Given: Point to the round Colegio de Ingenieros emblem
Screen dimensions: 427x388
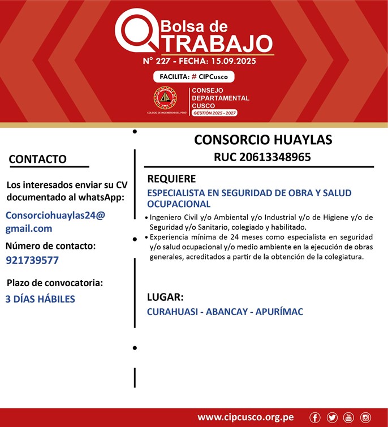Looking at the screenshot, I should coord(166,98).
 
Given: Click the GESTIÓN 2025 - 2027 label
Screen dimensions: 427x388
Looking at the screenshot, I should coord(214,113).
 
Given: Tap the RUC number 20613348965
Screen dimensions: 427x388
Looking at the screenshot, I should coord(262,157).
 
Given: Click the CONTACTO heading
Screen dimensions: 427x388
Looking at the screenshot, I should coord(38,159).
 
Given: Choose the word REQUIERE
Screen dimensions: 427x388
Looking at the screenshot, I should coord(171,179).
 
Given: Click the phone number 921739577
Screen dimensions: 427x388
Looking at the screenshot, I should coord(32,260).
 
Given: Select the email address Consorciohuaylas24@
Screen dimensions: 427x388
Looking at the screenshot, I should coord(55,215).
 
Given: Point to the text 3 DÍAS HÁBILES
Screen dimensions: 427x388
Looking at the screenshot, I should coord(40,299).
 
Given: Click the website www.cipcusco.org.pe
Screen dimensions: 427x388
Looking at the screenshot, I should coord(245,417).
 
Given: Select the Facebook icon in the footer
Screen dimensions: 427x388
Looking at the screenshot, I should coord(315,417).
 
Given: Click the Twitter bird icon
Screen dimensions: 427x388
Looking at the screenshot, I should coord(332,417).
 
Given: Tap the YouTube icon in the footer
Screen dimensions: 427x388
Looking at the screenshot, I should coord(348,417).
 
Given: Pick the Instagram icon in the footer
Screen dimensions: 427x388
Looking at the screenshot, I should coord(365,417).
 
